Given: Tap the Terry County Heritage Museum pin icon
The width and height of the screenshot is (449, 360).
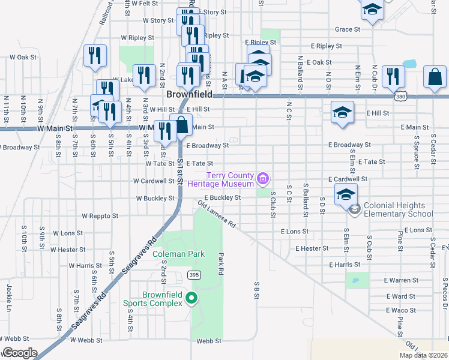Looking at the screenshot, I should [x=262, y=178].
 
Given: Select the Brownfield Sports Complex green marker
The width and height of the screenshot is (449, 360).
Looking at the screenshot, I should [x=191, y=298].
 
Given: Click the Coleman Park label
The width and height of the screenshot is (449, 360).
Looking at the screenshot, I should [x=179, y=254].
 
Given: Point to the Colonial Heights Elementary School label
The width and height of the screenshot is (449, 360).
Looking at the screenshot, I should [x=398, y=209].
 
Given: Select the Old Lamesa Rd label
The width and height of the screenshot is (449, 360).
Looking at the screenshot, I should [x=216, y=214].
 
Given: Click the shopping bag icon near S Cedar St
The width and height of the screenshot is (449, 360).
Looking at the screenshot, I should [x=434, y=77].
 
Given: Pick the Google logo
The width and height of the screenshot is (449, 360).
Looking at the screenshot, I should [x=19, y=353].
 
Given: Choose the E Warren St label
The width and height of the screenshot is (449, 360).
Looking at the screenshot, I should [x=401, y=280].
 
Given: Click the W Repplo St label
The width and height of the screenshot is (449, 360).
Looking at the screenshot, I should [x=100, y=215].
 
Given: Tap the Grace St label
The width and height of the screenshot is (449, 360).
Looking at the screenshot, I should [x=348, y=29].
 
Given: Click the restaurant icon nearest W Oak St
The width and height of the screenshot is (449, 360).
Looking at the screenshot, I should [x=95, y=56].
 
